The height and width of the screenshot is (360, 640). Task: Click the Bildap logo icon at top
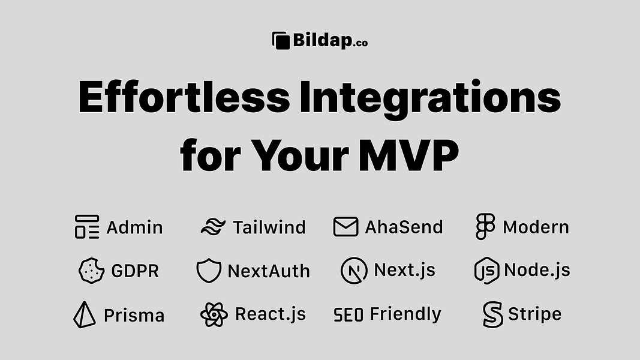(x=281, y=41)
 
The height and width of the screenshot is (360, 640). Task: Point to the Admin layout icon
(x=87, y=227)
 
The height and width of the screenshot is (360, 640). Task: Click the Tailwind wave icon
(x=213, y=227)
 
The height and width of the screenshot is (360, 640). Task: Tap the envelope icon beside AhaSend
(x=345, y=227)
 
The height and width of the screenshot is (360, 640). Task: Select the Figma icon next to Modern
(x=485, y=227)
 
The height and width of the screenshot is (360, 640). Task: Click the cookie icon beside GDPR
(x=92, y=271)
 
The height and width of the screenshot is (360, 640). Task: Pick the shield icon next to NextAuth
(x=209, y=271)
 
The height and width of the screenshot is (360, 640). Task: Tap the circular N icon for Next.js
(x=354, y=271)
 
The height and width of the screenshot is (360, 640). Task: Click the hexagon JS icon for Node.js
(x=487, y=271)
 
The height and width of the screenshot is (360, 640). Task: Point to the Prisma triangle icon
(x=85, y=315)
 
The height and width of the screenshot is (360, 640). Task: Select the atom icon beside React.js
(x=214, y=314)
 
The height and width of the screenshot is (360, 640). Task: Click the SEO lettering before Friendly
(x=348, y=315)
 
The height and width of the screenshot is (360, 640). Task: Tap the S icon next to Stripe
(x=492, y=314)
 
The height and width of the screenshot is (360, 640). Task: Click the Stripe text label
(x=534, y=314)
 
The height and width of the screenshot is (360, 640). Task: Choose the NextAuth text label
(x=269, y=271)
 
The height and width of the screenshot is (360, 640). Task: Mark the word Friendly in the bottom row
(x=405, y=314)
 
